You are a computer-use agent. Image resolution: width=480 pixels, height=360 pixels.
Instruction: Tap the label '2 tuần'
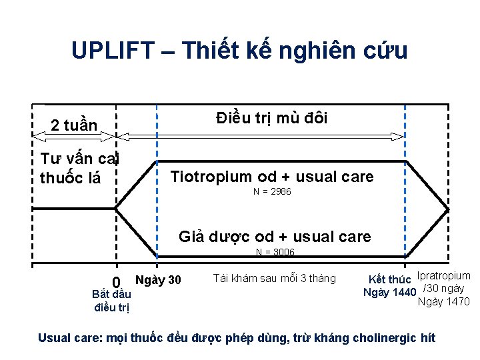tap(75, 125)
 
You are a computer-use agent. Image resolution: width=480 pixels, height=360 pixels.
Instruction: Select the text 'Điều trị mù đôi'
tap(272, 118)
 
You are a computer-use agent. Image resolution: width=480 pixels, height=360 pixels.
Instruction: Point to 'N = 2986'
tap(272, 192)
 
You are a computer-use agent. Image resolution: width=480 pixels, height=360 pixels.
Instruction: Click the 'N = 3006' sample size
tap(275, 252)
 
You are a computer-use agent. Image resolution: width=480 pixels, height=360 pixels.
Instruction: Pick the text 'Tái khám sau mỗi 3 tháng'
tap(275, 278)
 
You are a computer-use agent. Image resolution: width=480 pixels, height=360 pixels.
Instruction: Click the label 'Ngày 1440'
tap(389, 292)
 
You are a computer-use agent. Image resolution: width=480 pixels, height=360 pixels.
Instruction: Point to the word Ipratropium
tap(443, 276)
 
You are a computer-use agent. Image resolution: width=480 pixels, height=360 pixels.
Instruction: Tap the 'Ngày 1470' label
tap(443, 302)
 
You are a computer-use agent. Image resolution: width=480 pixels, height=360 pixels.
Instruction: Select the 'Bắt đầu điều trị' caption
tap(112, 300)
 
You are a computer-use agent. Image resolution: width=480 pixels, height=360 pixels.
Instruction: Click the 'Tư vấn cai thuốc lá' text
tap(78, 169)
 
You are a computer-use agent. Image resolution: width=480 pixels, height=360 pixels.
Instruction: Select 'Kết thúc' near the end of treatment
tap(390, 279)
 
